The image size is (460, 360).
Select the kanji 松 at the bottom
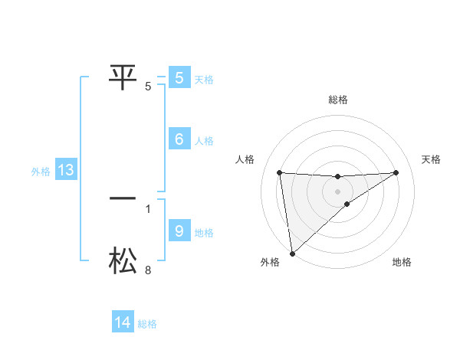[123, 260]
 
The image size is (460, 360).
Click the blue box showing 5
[179, 77]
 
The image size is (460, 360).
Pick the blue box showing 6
[179, 139]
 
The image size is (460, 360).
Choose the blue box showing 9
[179, 231]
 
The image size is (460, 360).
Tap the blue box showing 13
[65, 170]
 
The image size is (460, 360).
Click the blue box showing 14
[123, 322]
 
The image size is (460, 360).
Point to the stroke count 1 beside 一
[148, 208]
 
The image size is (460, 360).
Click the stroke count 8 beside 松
[148, 270]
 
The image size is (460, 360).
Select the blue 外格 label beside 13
[41, 172]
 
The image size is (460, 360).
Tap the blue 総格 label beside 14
[147, 324]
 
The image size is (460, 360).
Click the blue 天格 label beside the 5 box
[204, 79]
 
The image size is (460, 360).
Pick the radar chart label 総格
[337, 100]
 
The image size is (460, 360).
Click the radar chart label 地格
[402, 263]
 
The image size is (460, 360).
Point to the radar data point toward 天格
[396, 172]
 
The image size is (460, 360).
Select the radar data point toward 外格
[291, 254]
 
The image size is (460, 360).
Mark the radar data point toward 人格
[279, 172]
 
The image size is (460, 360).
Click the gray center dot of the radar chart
[337, 191]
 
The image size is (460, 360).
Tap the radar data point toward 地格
[347, 204]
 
